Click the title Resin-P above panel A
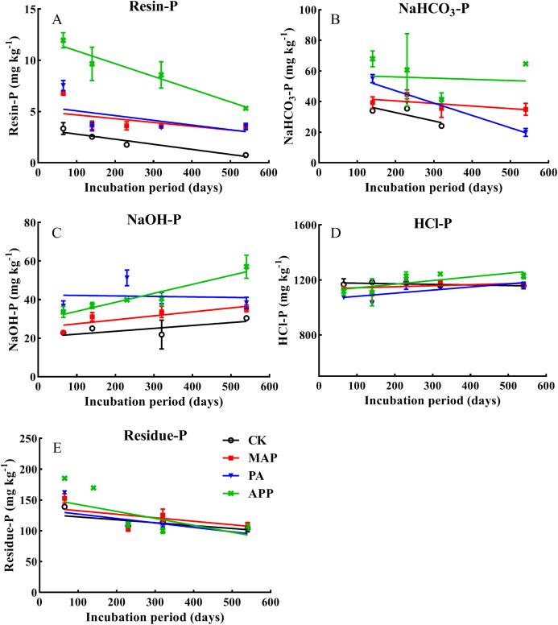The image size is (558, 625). click(x=152, y=6)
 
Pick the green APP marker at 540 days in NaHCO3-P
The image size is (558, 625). click(x=525, y=64)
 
